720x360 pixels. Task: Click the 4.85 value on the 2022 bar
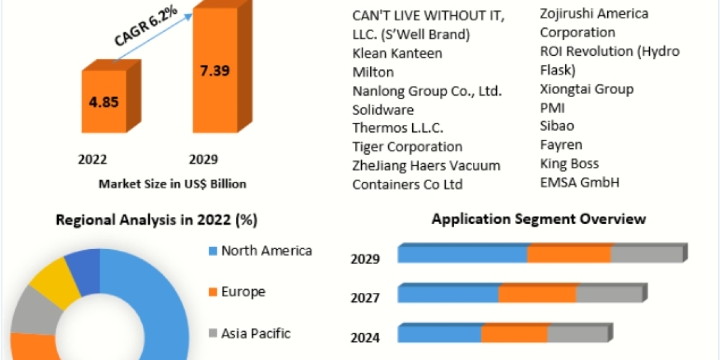point(104,101)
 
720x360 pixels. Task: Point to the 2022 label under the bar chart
point(92,159)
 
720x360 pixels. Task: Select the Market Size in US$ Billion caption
point(172,184)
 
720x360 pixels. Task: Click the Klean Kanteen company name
point(397,53)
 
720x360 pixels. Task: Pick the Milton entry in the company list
point(373,72)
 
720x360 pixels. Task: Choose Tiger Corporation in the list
point(407,146)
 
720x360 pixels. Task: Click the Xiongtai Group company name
point(587,89)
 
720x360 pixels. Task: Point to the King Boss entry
point(569,163)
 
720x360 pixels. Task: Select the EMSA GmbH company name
point(580,182)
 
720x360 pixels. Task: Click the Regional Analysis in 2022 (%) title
point(157,220)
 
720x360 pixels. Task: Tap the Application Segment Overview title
point(539,218)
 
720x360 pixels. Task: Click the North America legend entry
point(266,250)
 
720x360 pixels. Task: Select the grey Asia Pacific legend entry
point(256,333)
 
